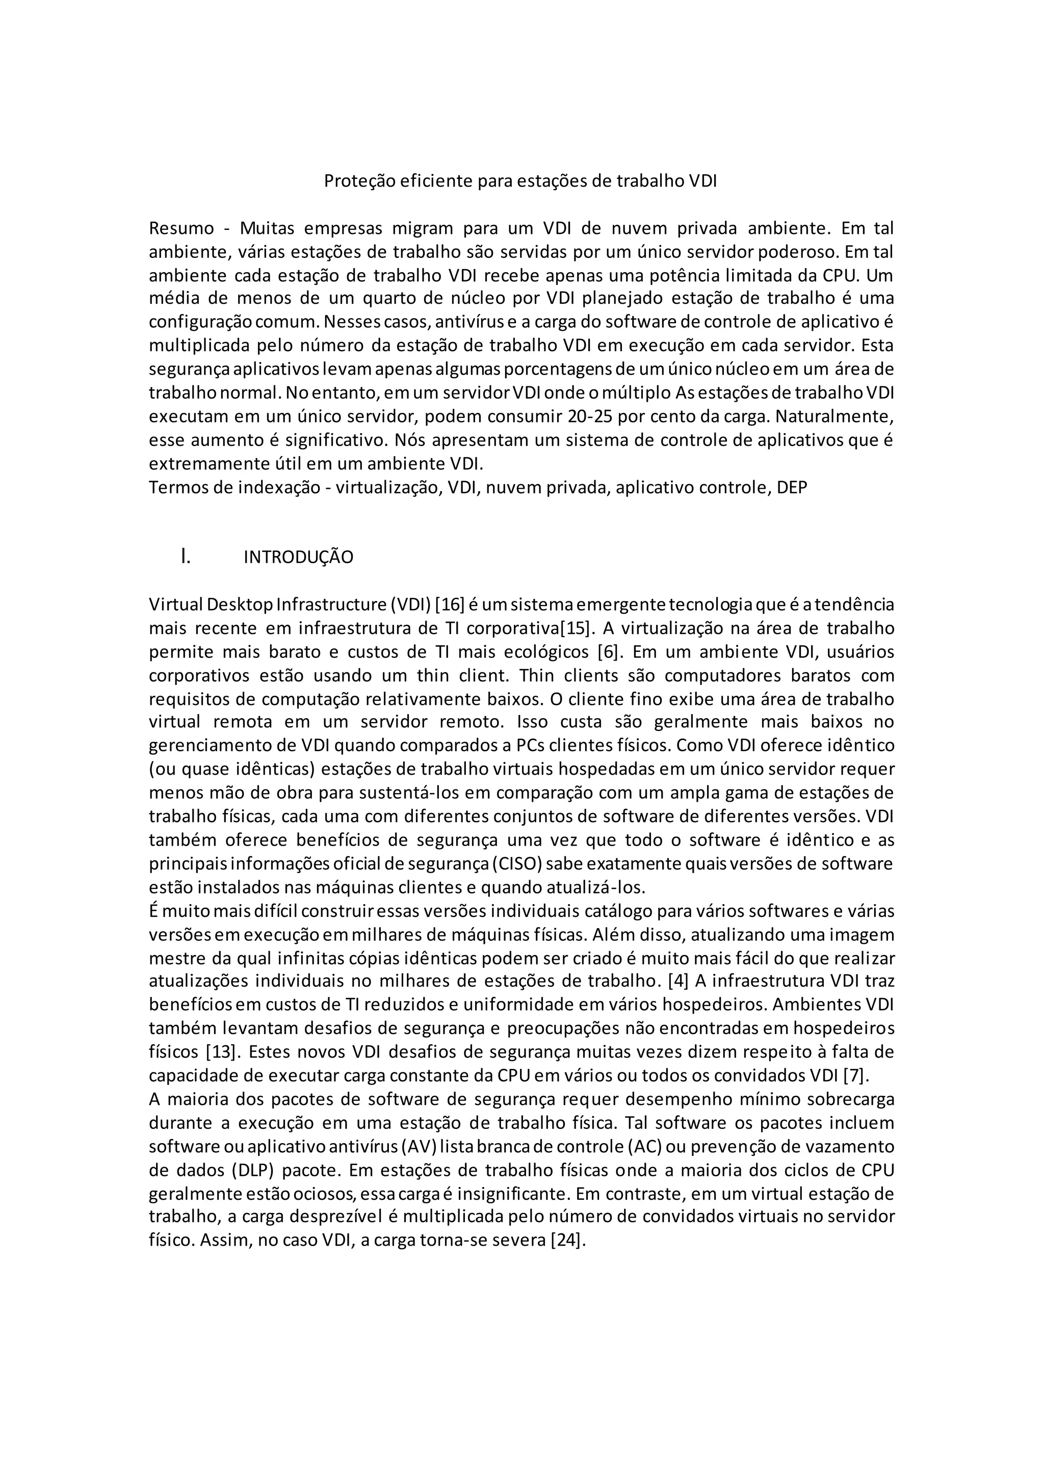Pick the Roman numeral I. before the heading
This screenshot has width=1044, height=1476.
coord(186,556)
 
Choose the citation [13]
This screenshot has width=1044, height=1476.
coord(222,1052)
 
